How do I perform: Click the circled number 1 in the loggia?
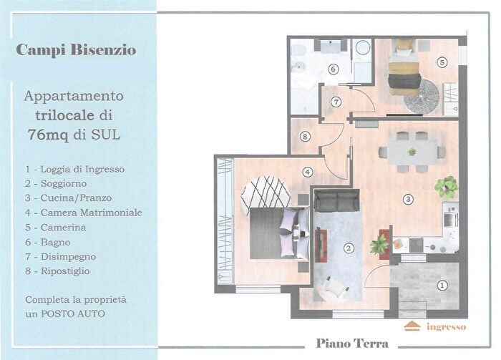(442, 286)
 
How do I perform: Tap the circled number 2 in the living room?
(349, 248)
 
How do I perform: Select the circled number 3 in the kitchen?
(408, 198)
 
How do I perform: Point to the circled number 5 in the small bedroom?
(442, 62)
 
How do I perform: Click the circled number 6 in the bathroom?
(333, 69)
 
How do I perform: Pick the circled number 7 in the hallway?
(335, 102)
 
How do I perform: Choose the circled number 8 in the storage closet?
(305, 137)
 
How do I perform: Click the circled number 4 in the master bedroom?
(307, 172)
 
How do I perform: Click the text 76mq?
(48, 134)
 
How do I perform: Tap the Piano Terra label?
(352, 344)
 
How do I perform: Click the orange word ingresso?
(445, 327)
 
